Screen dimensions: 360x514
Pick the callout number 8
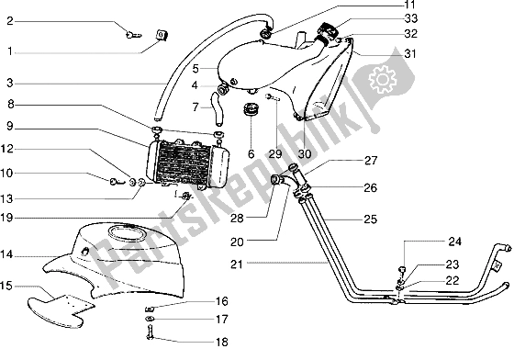[x=8, y=106]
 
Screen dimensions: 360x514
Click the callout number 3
[x=8, y=84]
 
